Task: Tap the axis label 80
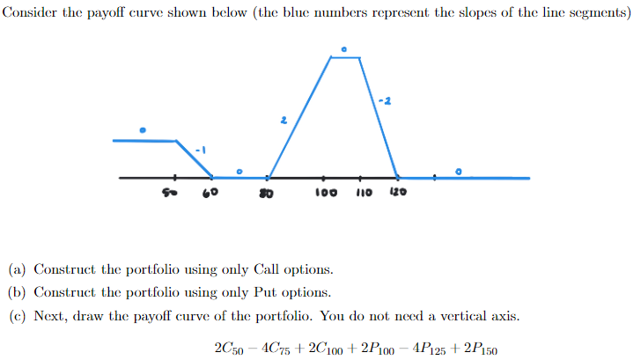(x=264, y=191)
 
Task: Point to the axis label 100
(x=327, y=191)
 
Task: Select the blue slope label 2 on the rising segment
(x=284, y=121)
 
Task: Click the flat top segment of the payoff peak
(x=345, y=58)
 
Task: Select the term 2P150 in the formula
(x=480, y=349)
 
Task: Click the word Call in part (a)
(x=267, y=269)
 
